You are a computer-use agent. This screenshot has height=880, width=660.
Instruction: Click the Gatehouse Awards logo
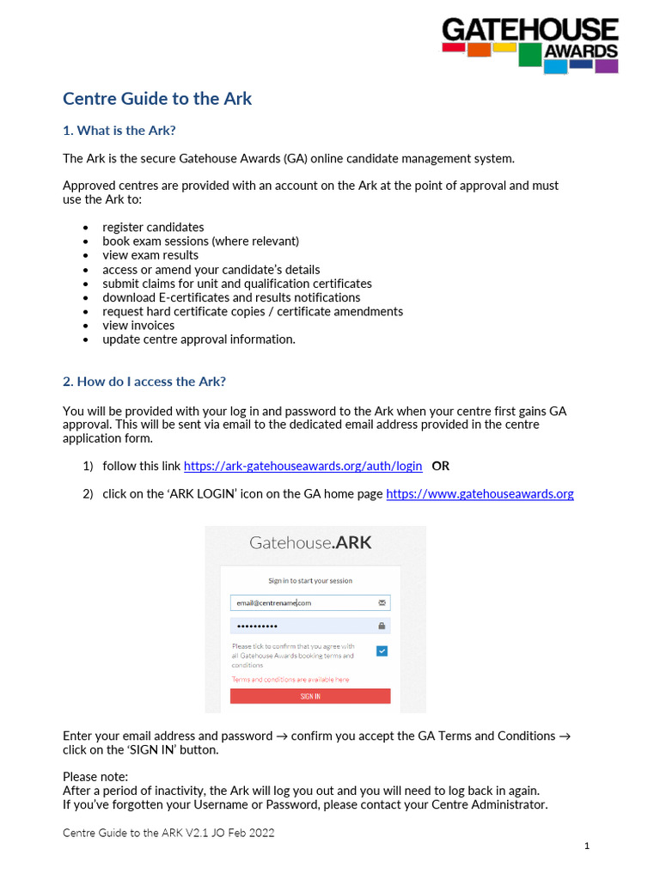529,45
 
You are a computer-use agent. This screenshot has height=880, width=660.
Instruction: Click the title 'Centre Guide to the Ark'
157,98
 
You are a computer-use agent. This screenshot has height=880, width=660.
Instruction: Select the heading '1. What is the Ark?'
125,131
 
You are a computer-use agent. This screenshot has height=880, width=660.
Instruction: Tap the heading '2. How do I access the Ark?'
144,381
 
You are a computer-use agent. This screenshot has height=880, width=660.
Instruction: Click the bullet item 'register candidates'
153,227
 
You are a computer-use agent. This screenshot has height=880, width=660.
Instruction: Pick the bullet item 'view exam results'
150,254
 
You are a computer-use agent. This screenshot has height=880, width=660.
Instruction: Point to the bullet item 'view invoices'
138,325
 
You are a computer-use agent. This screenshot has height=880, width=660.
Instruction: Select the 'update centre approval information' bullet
199,339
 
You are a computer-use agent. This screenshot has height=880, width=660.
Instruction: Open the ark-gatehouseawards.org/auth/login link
302,466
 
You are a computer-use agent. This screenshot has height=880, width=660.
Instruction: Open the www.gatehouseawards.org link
480,493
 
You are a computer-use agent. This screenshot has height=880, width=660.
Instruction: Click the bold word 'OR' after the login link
440,466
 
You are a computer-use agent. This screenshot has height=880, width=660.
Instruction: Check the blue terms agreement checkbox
382,651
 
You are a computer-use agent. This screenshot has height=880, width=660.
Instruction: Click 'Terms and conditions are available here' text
290,679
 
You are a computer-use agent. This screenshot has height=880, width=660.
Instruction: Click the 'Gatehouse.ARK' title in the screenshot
310,542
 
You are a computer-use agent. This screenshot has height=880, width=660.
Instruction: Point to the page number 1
587,846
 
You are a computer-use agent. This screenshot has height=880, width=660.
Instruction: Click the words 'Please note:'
95,777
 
